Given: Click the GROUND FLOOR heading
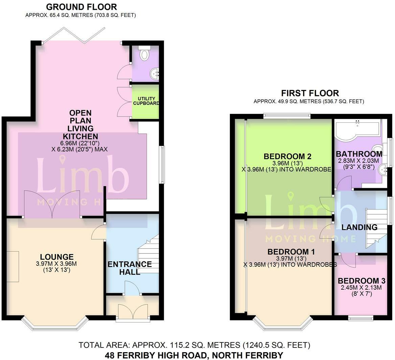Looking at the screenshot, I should (81, 7).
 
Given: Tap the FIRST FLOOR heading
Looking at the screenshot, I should (310, 93).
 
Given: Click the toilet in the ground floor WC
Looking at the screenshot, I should (145, 54).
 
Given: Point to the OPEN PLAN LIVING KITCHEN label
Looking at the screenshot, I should (80, 125).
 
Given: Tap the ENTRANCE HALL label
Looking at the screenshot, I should (130, 268).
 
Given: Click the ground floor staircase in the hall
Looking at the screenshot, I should (149, 254).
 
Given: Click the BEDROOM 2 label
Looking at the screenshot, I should (287, 156).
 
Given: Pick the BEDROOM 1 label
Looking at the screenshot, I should (291, 252).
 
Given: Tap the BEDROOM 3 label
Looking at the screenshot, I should (361, 281).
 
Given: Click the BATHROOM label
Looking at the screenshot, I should (359, 154).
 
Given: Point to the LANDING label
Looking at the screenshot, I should (359, 227).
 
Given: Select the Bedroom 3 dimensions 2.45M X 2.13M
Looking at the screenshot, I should (361, 288).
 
